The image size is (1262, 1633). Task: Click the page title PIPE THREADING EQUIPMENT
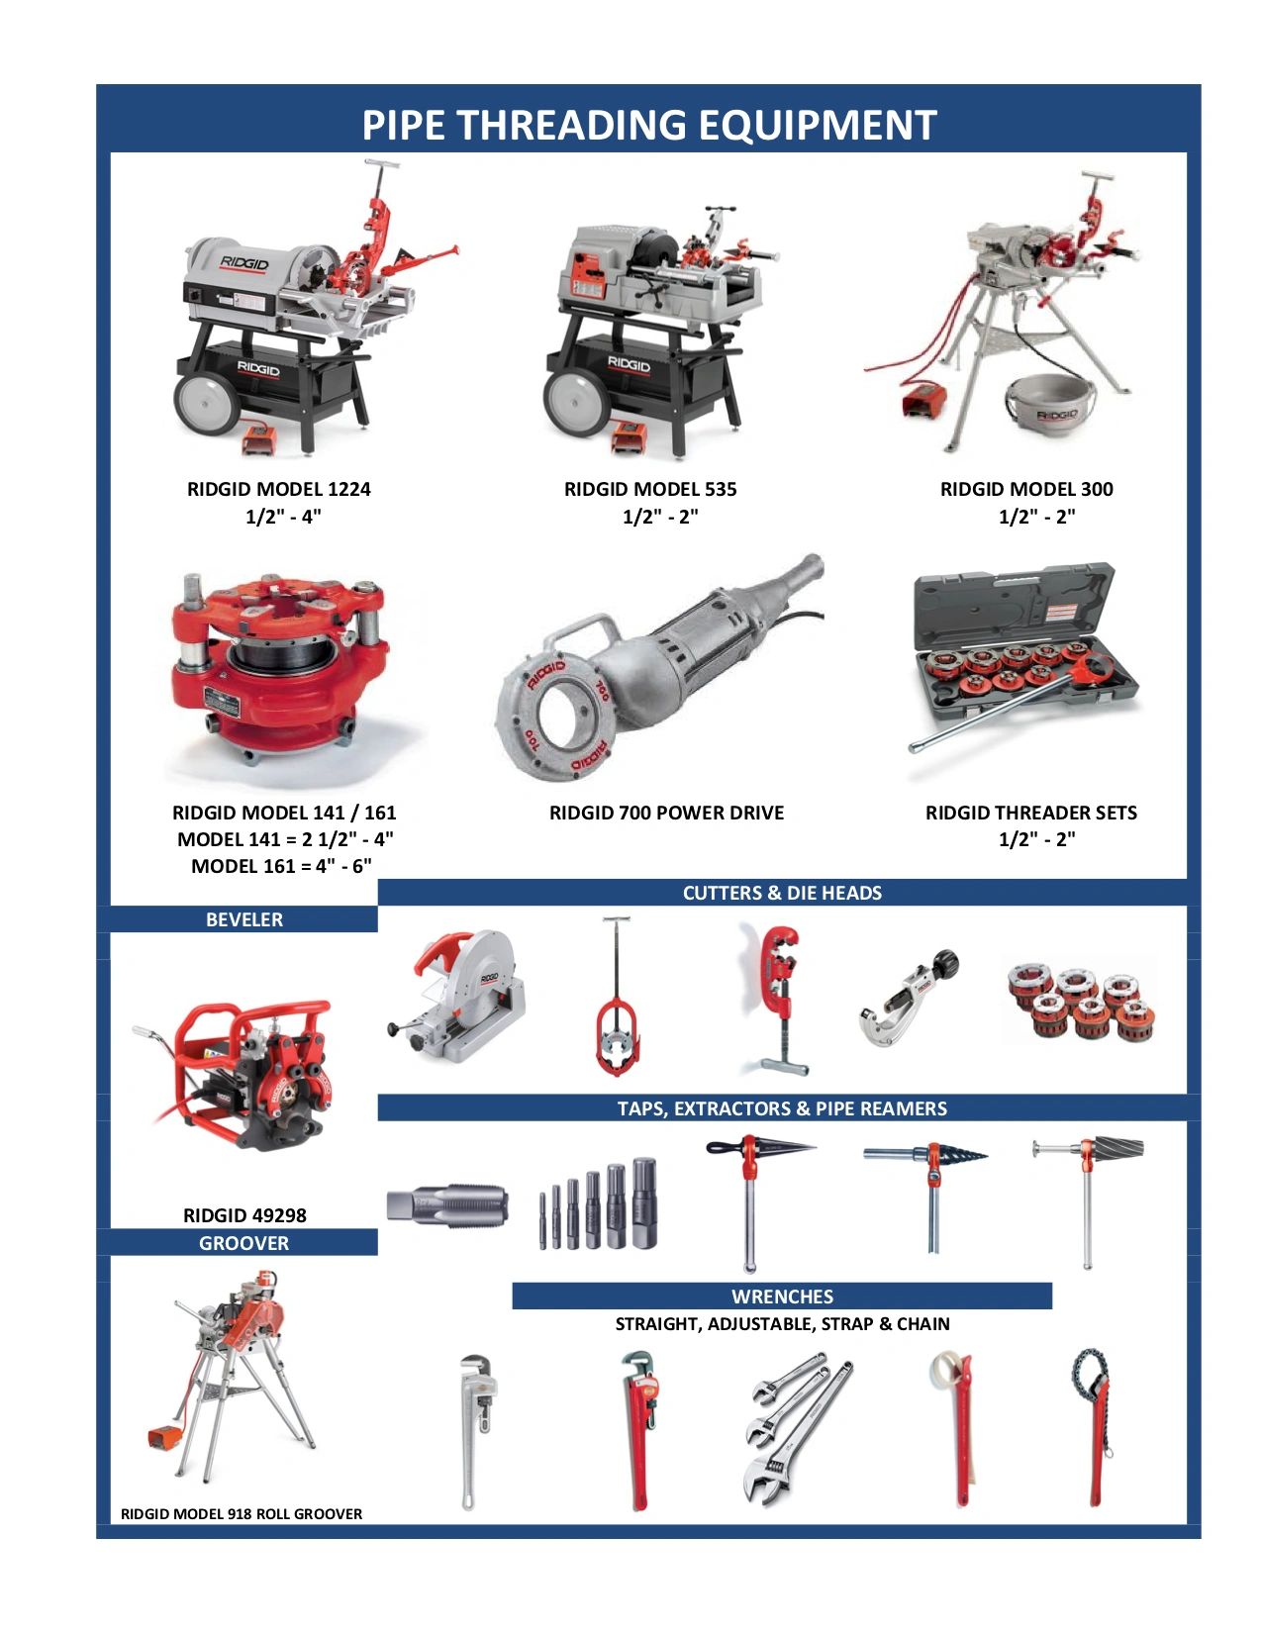(648, 126)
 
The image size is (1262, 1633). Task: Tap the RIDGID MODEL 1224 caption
(279, 489)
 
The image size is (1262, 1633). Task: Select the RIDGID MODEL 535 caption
(650, 489)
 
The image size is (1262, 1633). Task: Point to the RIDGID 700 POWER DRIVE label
(666, 813)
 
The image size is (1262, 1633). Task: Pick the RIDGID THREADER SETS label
(1030, 813)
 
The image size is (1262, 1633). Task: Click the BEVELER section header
(243, 919)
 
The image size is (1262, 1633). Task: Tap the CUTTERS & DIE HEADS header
(782, 893)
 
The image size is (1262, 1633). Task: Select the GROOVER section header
(243, 1243)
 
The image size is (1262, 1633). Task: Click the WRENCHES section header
(782, 1297)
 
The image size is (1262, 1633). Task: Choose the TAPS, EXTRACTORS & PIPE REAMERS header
(782, 1108)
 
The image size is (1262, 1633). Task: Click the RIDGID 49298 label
(244, 1215)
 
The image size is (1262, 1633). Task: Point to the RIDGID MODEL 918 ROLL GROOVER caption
(242, 1513)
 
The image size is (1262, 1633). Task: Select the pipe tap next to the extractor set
(447, 1204)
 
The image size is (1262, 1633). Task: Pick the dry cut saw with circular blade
(462, 995)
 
